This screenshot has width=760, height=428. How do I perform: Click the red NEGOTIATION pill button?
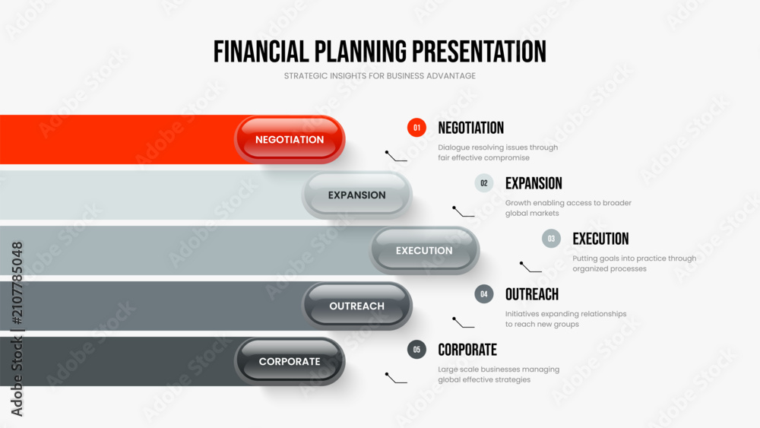coord(290,140)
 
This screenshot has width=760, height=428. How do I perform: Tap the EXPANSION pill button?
coord(356,195)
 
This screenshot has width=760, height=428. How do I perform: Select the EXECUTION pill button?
coord(424,251)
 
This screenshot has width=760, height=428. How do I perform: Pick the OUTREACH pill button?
coord(356,306)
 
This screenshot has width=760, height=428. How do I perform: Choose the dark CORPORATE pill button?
coord(290,362)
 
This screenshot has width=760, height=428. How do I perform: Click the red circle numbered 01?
coord(416,128)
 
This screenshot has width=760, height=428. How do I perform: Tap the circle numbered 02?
coord(483,183)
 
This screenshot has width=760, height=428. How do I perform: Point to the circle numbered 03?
coord(551,239)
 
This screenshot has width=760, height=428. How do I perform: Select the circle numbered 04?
coord(483,293)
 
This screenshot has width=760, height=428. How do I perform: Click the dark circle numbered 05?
coord(416,350)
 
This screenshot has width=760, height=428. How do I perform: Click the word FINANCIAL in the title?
coord(261,52)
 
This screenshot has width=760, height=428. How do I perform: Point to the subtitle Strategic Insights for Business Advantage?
coord(380,76)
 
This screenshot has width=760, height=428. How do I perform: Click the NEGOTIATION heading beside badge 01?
coord(470,128)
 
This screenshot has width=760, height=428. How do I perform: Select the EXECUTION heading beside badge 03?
coord(600,239)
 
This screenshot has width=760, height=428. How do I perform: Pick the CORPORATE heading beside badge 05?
coord(467,350)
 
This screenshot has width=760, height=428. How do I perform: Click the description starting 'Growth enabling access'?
coord(568,208)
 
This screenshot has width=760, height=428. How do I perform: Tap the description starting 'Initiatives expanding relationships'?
coord(565,319)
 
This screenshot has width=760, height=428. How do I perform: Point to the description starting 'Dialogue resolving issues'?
coord(498,152)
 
